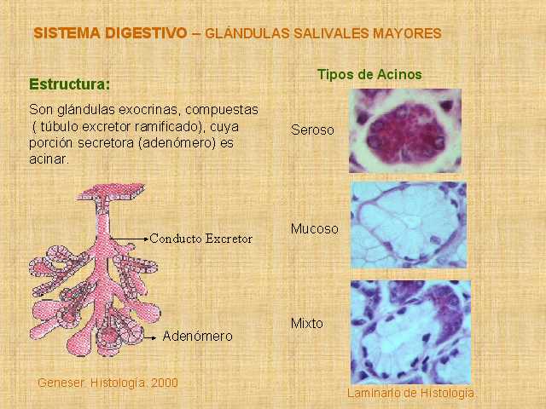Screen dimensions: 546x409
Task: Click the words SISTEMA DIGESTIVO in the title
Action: [110, 33]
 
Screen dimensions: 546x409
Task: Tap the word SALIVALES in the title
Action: [331, 34]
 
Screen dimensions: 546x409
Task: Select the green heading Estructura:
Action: [70, 84]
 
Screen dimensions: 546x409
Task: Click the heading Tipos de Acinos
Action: [369, 74]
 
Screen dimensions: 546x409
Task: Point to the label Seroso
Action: [312, 130]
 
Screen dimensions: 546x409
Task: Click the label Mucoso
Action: [315, 229]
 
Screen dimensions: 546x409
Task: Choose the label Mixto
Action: [307, 324]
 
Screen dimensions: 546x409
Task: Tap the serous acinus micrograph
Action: [405, 130]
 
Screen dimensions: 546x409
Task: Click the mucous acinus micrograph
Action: [409, 225]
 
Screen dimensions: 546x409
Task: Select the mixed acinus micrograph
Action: [410, 331]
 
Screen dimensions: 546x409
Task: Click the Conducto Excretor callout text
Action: [201, 239]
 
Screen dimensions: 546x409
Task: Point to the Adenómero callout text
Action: [197, 336]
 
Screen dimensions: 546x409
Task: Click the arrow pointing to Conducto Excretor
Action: [129, 239]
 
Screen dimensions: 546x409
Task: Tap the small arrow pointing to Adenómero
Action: [150, 337]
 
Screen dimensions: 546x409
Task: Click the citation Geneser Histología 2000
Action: [108, 383]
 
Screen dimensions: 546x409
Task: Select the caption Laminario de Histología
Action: [410, 393]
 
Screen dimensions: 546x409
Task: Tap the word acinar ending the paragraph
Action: [49, 159]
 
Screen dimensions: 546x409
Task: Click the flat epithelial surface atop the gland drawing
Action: [111, 192]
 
